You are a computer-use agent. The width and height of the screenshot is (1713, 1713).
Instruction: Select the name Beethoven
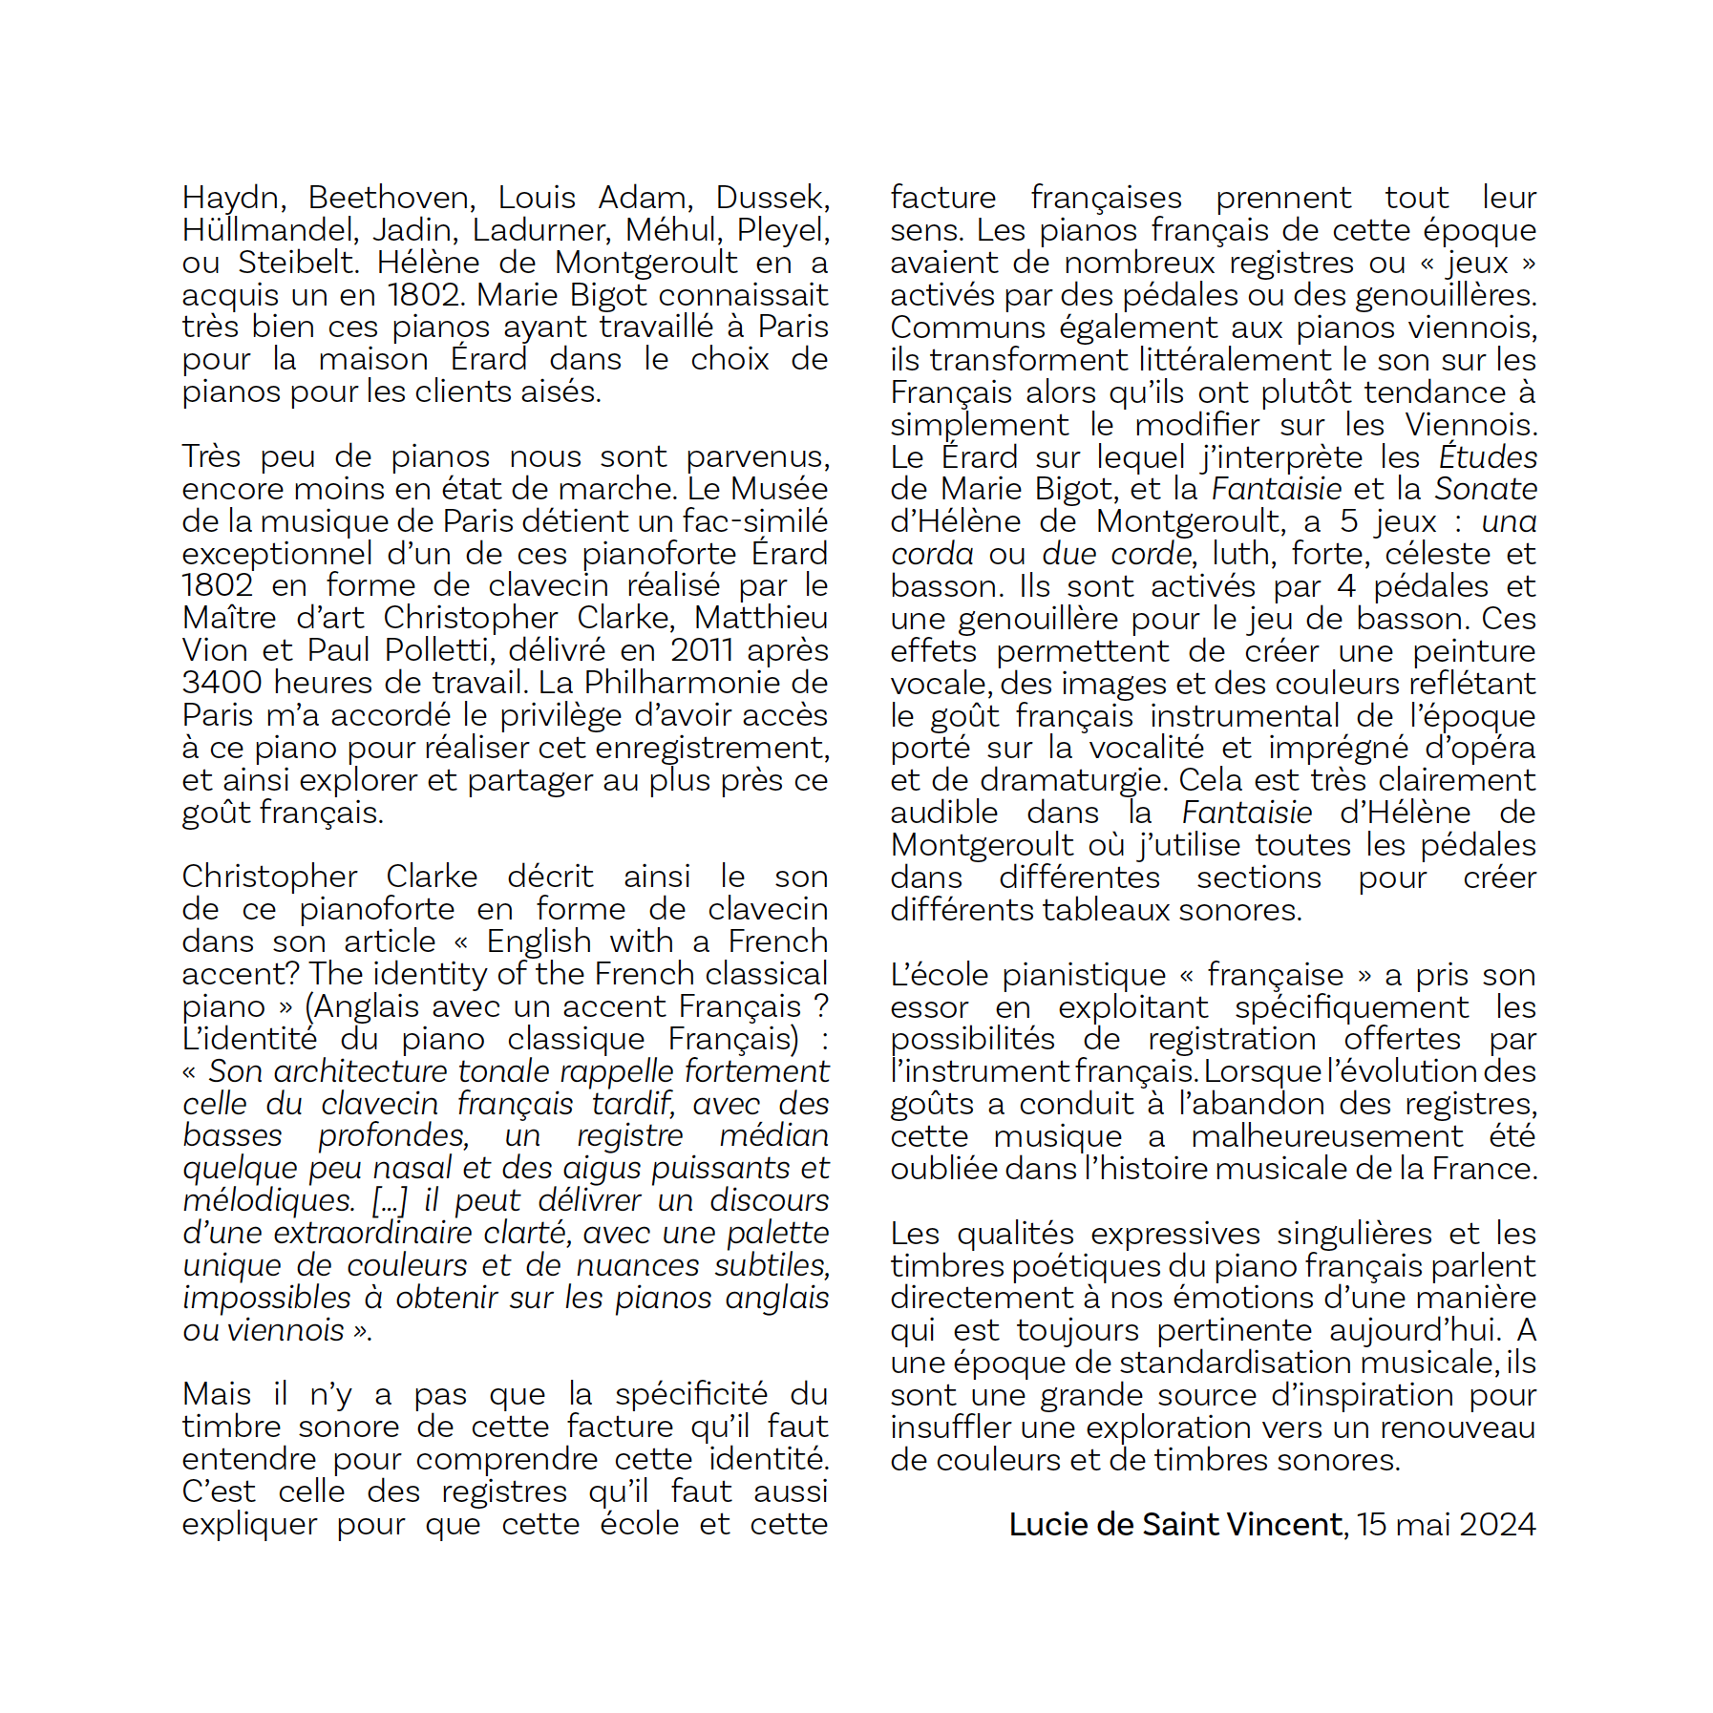pos(390,199)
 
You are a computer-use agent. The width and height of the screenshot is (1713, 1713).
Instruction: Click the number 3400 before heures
pos(222,683)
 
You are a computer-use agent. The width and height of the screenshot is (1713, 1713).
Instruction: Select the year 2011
pos(702,650)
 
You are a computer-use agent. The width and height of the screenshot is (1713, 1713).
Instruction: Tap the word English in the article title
pos(539,941)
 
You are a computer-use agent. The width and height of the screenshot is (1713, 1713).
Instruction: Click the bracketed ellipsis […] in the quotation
pos(390,1200)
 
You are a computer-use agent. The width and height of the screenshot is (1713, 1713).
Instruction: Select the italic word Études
pos(1488,456)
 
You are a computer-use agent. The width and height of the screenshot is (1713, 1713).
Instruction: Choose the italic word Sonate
pos(1486,489)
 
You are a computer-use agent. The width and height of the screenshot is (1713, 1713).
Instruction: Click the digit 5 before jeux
pos(1348,521)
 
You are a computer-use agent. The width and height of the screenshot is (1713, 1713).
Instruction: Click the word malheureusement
pos(1326,1136)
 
